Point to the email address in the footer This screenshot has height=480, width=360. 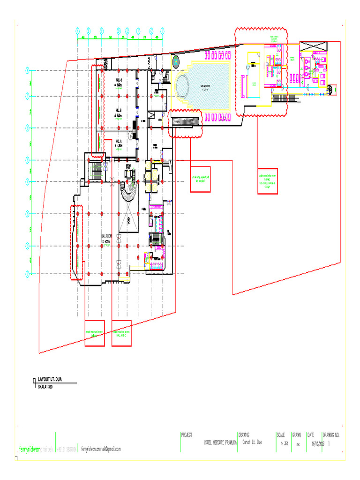tap(101, 449)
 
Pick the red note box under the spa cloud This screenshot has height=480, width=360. tap(268, 180)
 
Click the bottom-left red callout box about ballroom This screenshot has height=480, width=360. tap(94, 333)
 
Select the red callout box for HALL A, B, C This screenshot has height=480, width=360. tap(121, 333)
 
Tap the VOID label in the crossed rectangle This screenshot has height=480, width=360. tap(128, 220)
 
